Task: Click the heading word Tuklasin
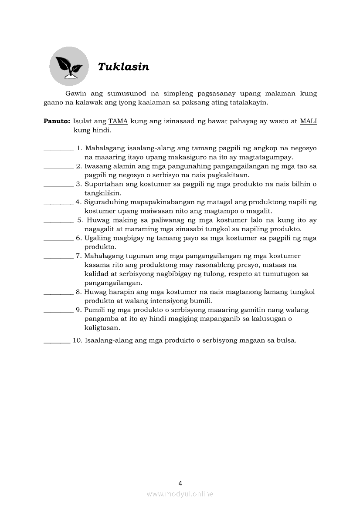tap(123, 67)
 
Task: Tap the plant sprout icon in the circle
tap(69, 66)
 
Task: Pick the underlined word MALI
tap(308, 121)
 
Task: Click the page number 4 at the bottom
tap(180, 483)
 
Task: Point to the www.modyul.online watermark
tap(180, 494)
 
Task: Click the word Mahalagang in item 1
tap(104, 148)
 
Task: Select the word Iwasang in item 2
tap(98, 166)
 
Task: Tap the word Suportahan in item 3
tap(103, 184)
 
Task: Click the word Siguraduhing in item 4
tap(106, 202)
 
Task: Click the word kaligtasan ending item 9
tap(102, 328)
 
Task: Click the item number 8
tap(78, 292)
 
